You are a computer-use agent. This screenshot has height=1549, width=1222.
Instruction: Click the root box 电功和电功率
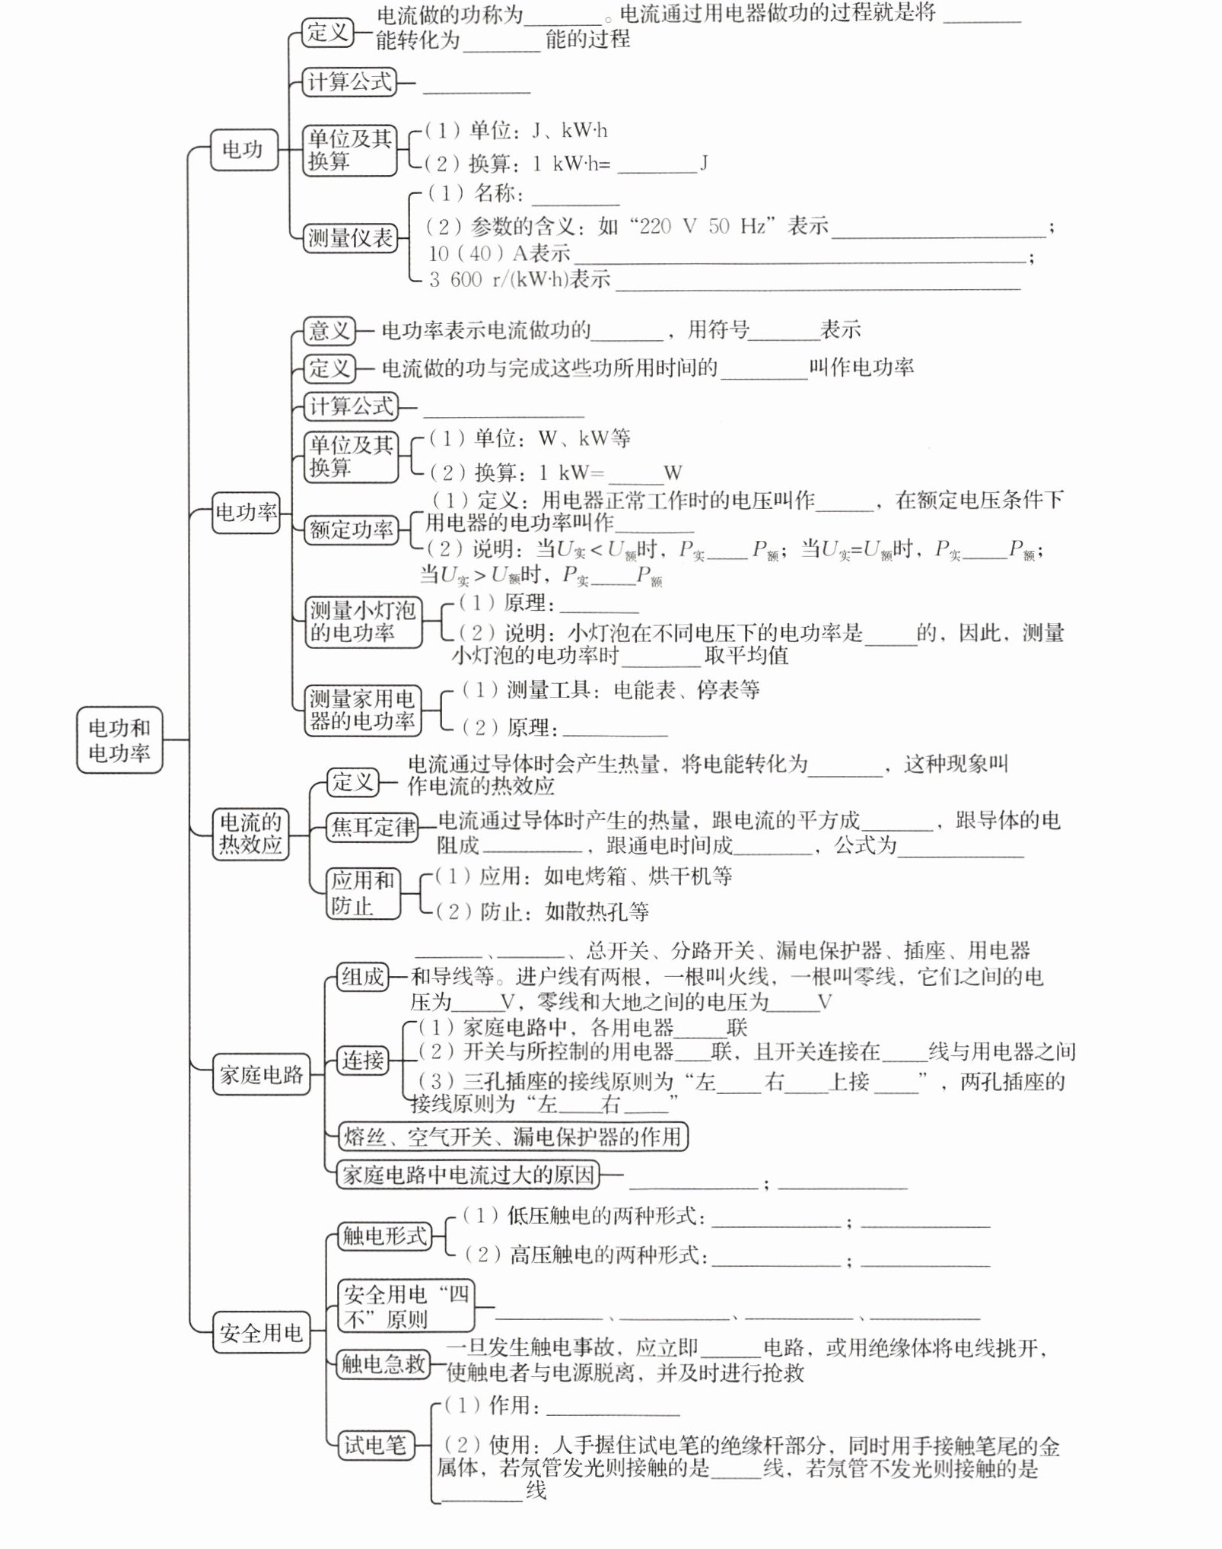point(119,740)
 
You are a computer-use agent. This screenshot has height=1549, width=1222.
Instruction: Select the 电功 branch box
point(243,149)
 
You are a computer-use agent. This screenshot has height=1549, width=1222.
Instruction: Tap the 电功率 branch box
point(246,511)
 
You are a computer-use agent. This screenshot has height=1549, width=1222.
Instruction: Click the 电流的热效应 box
point(250,834)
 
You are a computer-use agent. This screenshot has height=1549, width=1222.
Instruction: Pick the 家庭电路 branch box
point(261,1074)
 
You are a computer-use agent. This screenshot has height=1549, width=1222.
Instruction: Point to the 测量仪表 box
point(350,238)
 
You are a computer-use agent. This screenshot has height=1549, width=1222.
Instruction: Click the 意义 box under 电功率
point(329,330)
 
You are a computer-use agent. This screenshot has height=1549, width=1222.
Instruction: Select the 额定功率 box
point(352,530)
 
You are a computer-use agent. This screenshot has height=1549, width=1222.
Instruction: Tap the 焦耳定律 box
point(373,827)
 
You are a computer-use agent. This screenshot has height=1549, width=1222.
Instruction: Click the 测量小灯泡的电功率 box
point(363,622)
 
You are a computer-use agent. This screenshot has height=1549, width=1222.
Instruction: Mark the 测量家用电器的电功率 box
point(362,710)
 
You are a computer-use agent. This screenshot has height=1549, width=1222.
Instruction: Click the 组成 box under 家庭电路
point(362,976)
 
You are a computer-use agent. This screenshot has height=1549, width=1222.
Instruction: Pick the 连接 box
point(362,1060)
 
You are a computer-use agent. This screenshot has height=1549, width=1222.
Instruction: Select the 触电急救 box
point(383,1363)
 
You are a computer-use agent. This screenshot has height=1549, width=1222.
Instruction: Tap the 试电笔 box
point(376,1445)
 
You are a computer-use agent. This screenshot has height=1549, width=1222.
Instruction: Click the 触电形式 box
point(384,1236)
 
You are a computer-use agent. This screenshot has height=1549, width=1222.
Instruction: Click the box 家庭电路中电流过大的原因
point(468,1175)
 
